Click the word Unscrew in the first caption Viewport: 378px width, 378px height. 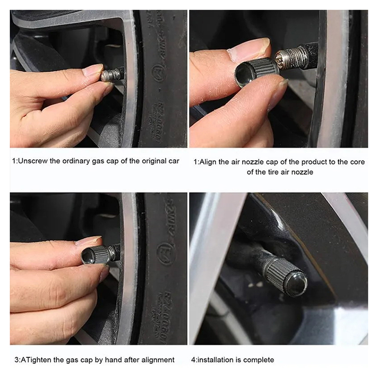click(x=33, y=161)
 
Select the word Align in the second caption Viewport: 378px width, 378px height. click(x=208, y=162)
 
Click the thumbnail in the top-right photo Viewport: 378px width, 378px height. click(x=249, y=50)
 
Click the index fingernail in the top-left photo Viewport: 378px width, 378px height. click(x=93, y=69)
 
